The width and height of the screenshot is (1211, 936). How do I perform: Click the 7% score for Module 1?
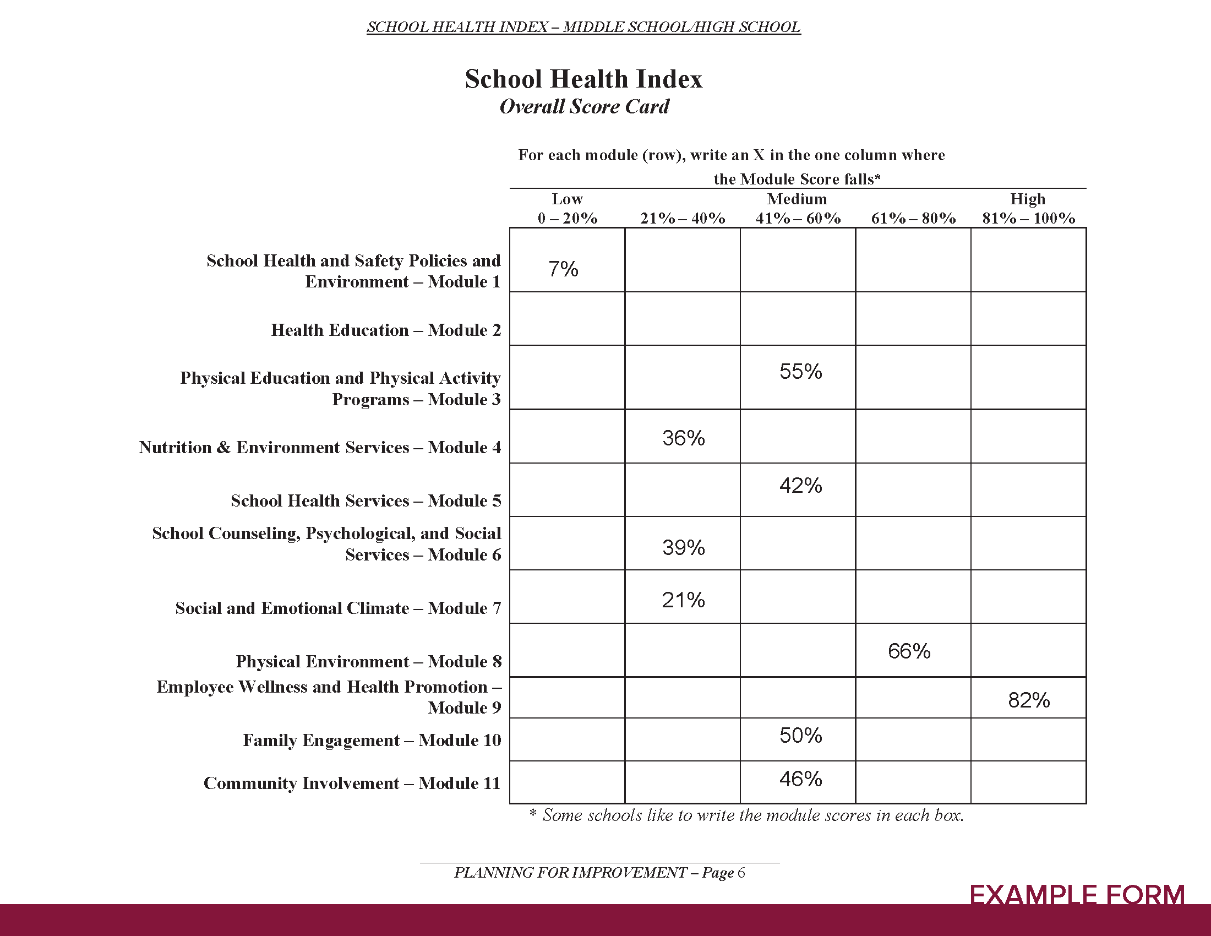click(563, 269)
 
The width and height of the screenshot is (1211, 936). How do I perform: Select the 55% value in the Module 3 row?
click(800, 372)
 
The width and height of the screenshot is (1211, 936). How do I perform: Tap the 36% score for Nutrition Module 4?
click(683, 438)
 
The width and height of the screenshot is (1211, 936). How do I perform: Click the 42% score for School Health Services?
click(800, 486)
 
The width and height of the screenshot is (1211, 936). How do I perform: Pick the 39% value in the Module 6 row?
click(683, 548)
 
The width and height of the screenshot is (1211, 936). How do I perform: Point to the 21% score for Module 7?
click(683, 600)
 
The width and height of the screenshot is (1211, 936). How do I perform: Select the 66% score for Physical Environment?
click(909, 651)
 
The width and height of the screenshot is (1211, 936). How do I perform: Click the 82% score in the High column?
click(1029, 700)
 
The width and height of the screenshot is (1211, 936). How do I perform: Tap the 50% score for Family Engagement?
click(800, 736)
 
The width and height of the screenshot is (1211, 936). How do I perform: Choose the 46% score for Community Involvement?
click(800, 779)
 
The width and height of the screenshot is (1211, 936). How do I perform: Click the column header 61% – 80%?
click(913, 219)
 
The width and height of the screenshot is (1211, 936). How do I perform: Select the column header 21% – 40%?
click(683, 219)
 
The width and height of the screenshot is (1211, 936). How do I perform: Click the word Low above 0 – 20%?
click(566, 199)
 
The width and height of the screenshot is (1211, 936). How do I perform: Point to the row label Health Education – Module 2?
click(386, 330)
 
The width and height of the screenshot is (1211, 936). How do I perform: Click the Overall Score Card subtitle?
click(584, 106)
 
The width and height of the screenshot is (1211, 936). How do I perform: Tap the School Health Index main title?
click(583, 79)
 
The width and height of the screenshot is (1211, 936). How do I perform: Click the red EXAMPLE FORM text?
click(1077, 894)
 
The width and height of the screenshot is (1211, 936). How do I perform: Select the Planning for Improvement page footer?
click(599, 873)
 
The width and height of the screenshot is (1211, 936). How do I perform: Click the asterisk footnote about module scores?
click(746, 815)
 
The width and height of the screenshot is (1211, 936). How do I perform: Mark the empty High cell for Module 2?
click(1028, 319)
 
